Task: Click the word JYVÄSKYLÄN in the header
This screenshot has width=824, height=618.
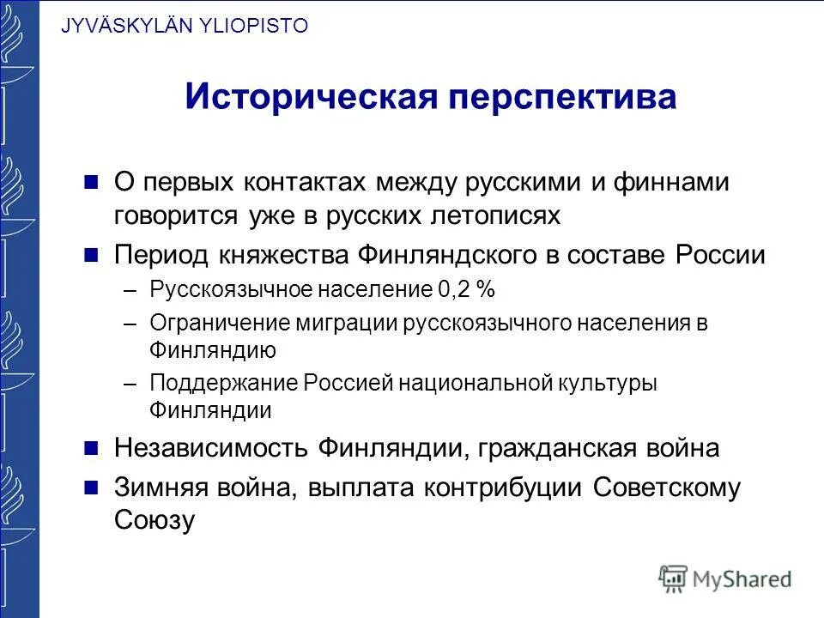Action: tap(113, 26)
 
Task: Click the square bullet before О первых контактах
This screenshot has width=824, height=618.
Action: tap(92, 182)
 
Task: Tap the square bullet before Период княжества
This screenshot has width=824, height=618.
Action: tap(92, 255)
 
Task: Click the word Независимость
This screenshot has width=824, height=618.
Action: tap(210, 448)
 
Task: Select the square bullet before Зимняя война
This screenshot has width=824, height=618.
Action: tap(92, 488)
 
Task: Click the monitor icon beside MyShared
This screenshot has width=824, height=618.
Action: tap(674, 579)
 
